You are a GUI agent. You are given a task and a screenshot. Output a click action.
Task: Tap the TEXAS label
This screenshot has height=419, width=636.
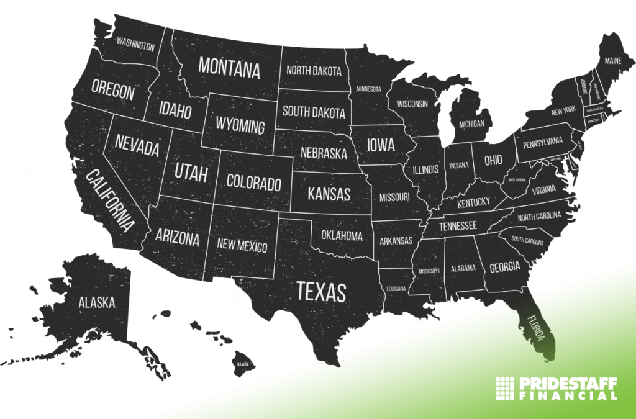[x=320, y=291]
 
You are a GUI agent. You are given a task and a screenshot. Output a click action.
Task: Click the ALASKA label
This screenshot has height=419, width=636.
[x=96, y=302]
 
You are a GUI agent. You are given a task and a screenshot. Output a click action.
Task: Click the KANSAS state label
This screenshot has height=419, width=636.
[x=329, y=193]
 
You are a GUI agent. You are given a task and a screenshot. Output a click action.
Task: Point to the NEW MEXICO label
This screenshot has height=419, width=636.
[x=242, y=246]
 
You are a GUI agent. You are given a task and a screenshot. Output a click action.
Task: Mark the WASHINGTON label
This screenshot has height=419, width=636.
[x=135, y=45]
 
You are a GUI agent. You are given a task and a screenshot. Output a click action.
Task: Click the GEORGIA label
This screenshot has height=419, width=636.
[x=504, y=268]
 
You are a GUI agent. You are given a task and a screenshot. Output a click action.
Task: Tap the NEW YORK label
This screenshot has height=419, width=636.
[x=563, y=110]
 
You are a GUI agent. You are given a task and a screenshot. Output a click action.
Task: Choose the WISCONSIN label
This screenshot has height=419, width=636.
[x=412, y=104]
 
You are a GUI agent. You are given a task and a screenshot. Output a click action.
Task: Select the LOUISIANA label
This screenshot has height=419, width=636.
[x=395, y=289]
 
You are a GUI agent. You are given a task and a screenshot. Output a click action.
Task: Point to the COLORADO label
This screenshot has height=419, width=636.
[x=253, y=182]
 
